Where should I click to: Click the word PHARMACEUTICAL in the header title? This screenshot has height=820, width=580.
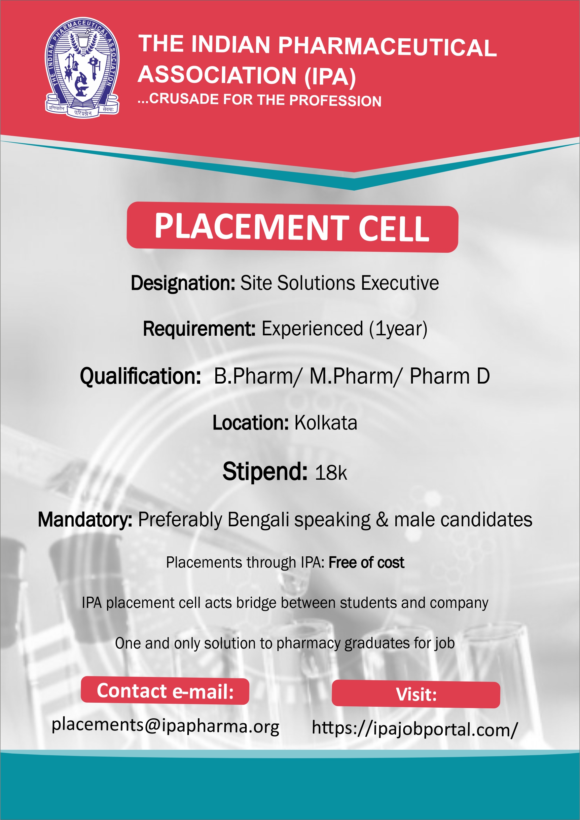click(387, 47)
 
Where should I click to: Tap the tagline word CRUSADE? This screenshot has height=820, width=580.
click(184, 99)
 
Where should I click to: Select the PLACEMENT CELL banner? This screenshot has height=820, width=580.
click(292, 227)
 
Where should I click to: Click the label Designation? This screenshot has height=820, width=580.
click(183, 283)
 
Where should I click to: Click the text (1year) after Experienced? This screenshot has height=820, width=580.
click(398, 329)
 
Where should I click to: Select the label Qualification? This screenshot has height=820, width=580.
click(140, 377)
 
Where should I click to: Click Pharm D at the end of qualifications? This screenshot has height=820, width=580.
click(450, 376)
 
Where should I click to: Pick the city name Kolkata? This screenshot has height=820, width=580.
click(326, 423)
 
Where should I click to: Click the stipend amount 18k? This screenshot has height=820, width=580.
click(331, 473)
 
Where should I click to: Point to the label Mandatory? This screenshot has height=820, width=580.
click(85, 520)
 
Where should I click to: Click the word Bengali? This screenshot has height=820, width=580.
click(259, 520)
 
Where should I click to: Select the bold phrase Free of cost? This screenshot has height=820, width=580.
click(366, 563)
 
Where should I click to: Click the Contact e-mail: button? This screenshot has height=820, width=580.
click(165, 691)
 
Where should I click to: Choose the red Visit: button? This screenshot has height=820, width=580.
click(416, 694)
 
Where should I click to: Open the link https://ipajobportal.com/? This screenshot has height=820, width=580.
click(415, 728)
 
